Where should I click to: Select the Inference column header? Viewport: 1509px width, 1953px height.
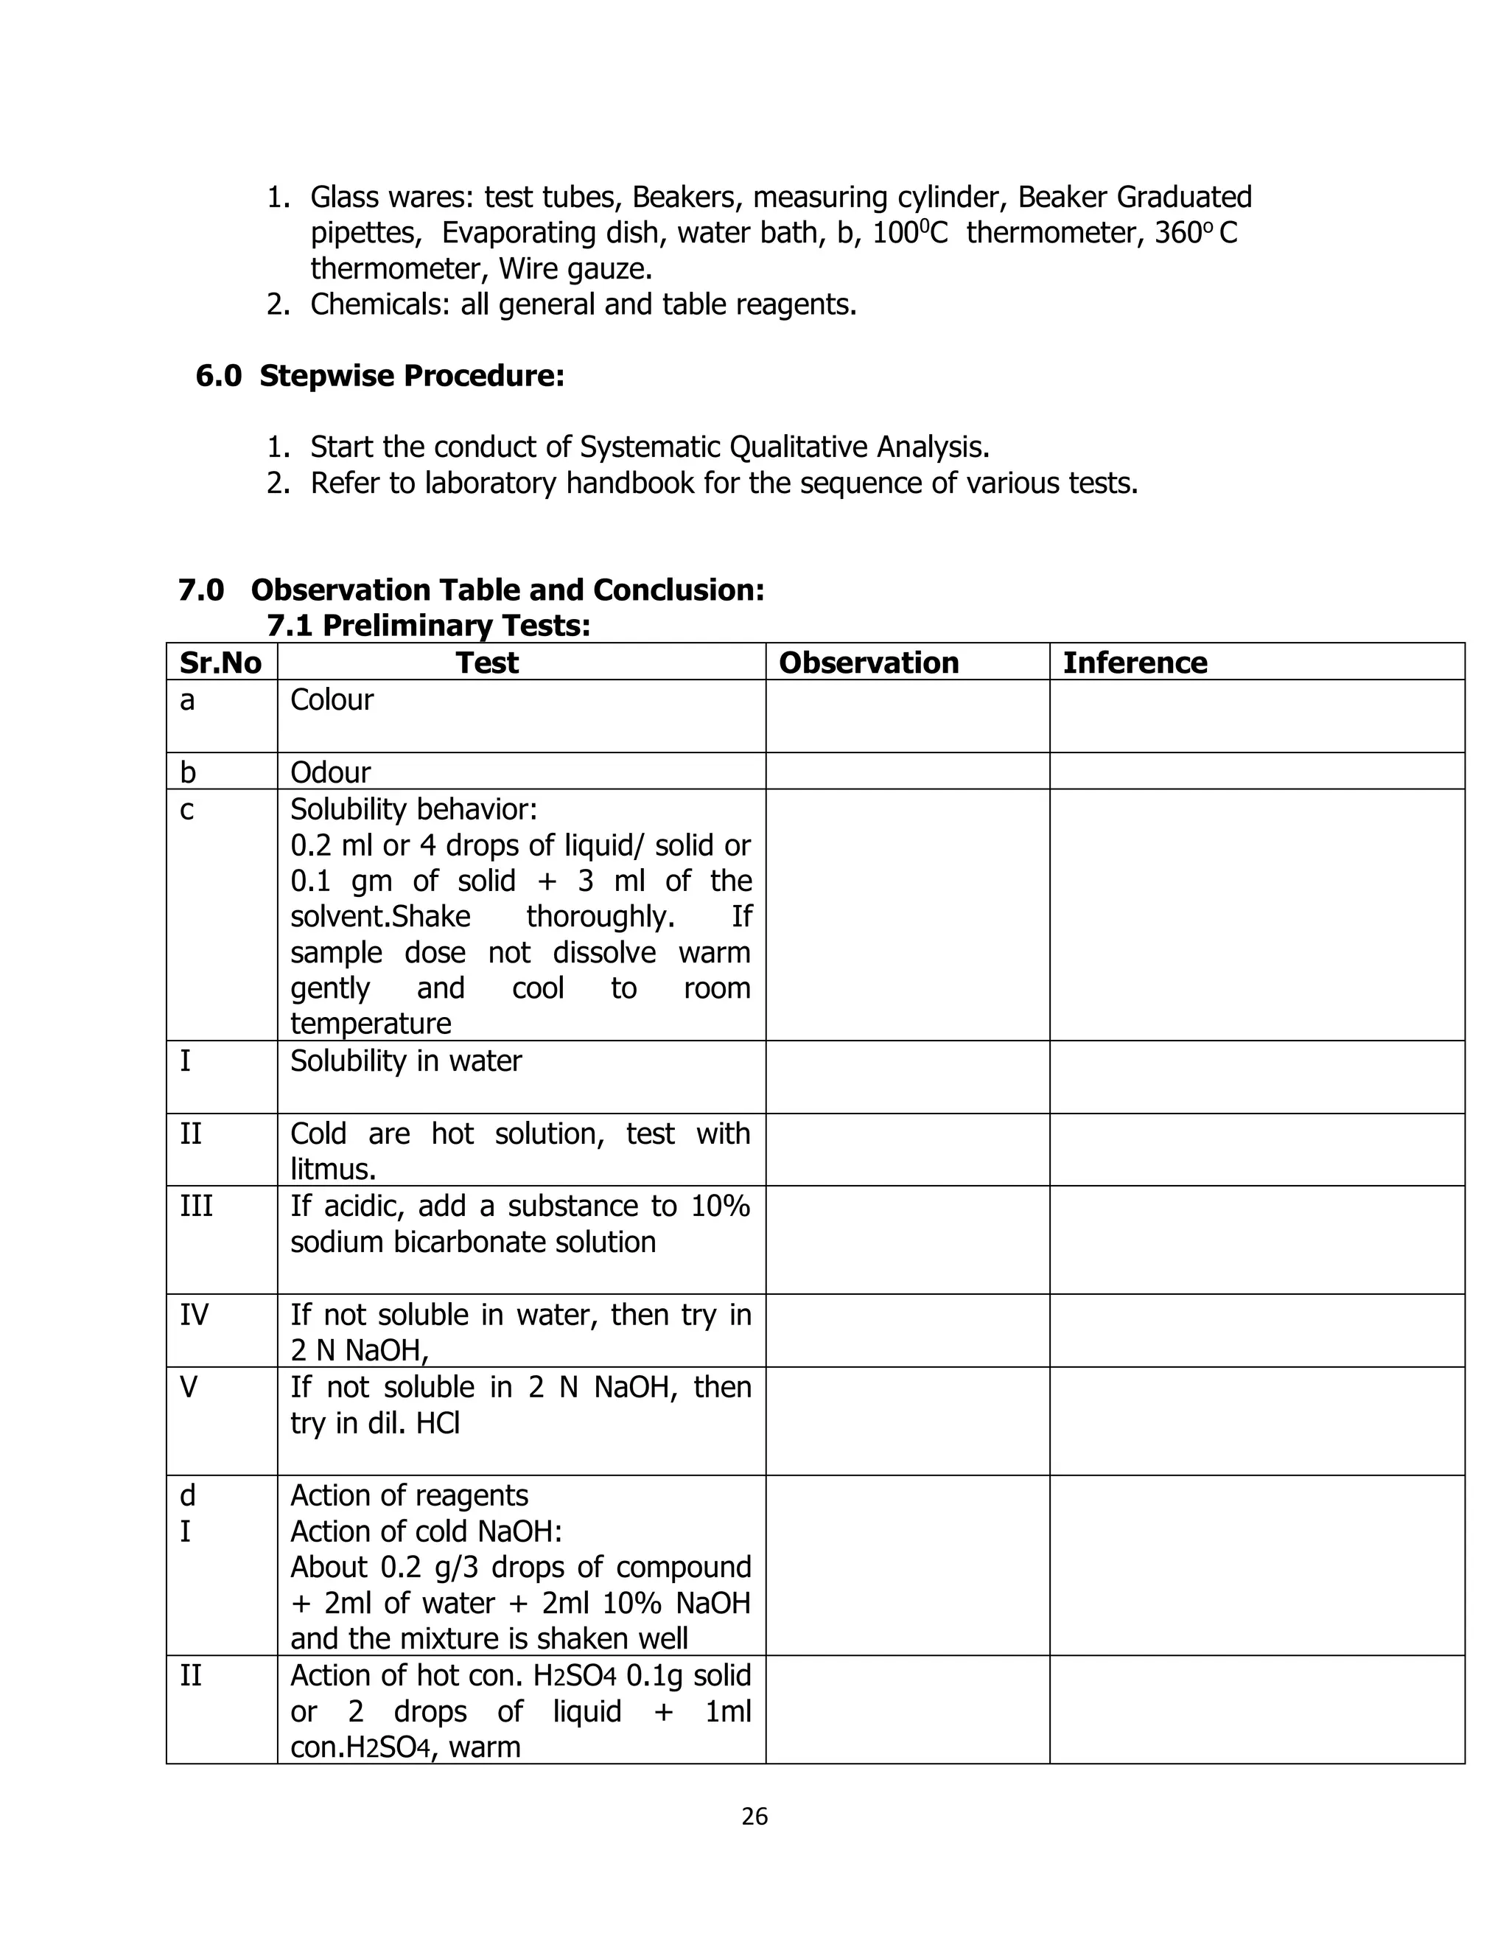click(x=1135, y=663)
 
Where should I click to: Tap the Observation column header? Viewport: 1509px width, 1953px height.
click(x=868, y=663)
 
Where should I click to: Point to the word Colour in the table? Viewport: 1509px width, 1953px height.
click(x=332, y=699)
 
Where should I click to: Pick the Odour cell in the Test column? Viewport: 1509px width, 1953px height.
click(x=330, y=772)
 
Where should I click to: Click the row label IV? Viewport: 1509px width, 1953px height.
click(x=194, y=1315)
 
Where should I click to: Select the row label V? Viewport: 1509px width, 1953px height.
click(x=189, y=1387)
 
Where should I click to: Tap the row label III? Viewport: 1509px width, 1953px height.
click(x=197, y=1206)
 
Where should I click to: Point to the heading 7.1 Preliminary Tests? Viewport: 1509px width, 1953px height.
click(x=428, y=625)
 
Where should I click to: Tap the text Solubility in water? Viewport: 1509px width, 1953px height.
click(x=406, y=1061)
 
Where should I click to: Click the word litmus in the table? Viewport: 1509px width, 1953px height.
click(x=332, y=1169)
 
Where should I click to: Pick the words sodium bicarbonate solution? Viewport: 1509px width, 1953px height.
click(x=473, y=1242)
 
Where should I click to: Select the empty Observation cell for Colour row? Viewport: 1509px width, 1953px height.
click(x=906, y=716)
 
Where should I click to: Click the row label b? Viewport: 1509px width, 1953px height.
click(x=187, y=772)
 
